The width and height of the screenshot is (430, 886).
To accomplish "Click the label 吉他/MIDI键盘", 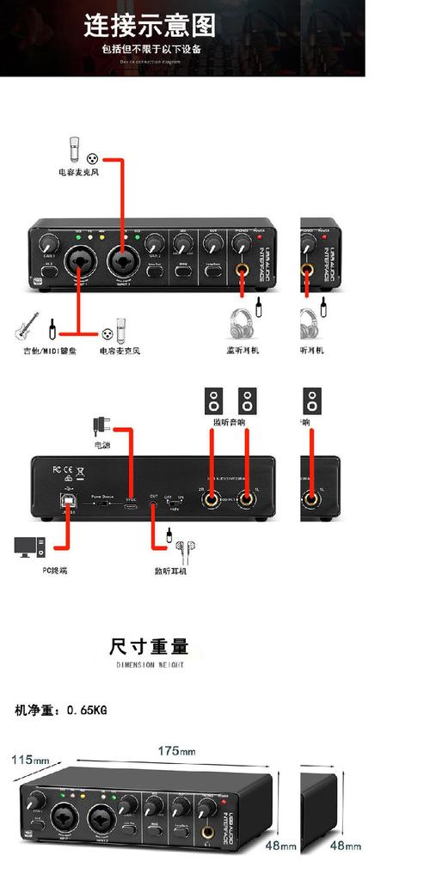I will [49, 351].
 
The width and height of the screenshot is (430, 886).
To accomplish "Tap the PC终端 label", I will [55, 570].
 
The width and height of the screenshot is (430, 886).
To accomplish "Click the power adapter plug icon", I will [101, 425].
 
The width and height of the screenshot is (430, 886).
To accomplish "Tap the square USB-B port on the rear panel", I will [67, 499].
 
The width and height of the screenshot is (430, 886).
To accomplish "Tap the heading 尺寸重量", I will [149, 646].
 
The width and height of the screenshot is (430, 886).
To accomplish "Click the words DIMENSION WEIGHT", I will [149, 664].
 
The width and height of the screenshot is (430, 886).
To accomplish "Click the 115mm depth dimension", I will [30, 760].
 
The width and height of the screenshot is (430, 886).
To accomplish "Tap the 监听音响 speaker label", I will [229, 422].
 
